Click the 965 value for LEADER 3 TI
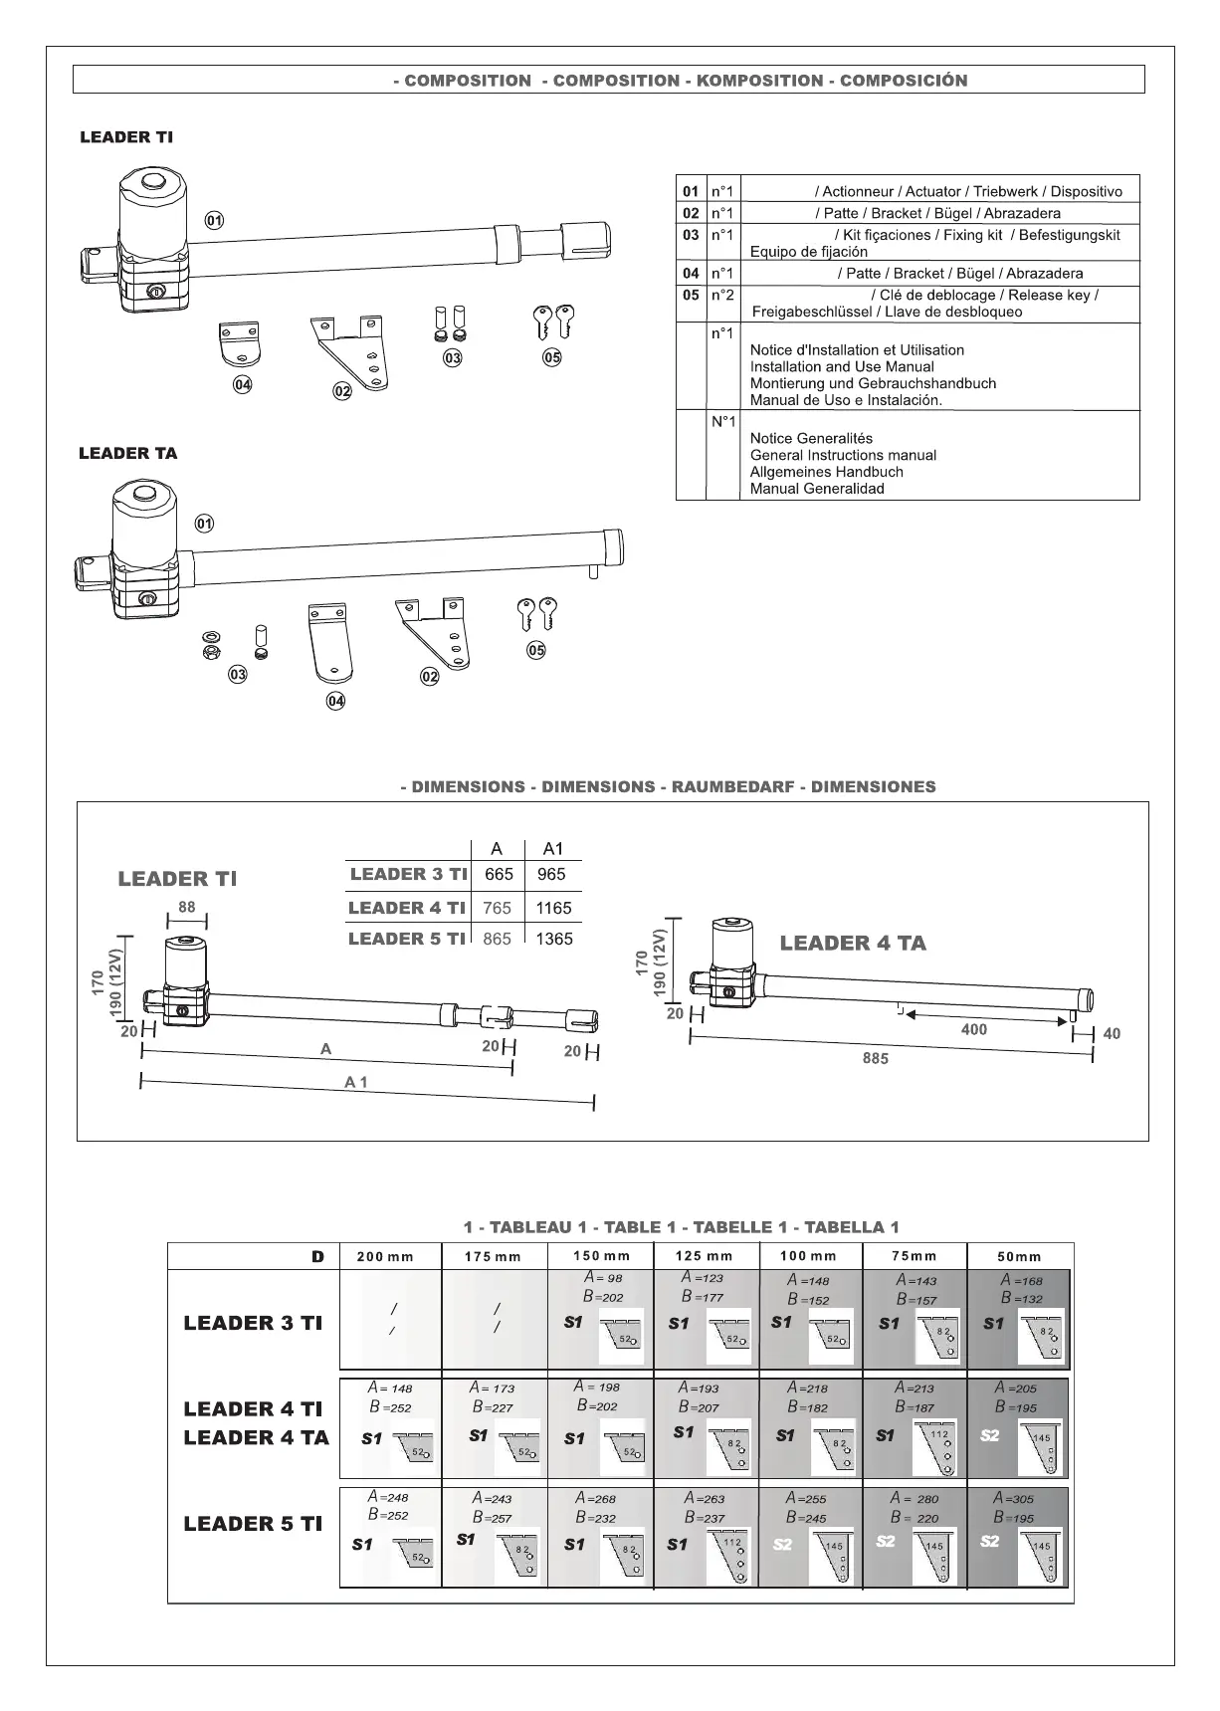[x=550, y=874]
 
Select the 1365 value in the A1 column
[x=553, y=939]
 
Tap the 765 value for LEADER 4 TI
[x=498, y=908]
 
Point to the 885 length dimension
[x=876, y=1058]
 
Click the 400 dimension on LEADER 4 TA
[x=974, y=1029]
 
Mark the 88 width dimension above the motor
[x=187, y=907]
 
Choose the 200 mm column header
[x=385, y=1256]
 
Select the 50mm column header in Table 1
[x=1019, y=1256]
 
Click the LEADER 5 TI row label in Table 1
[x=253, y=1523]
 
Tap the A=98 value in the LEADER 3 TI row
[x=603, y=1277]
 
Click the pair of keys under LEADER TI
[x=553, y=321]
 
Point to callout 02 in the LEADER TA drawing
[x=429, y=677]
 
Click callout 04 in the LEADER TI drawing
[x=242, y=385]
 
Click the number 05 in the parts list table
[x=691, y=295]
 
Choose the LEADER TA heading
[x=128, y=454]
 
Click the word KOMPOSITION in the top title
[x=759, y=81]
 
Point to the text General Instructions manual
[x=843, y=455]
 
